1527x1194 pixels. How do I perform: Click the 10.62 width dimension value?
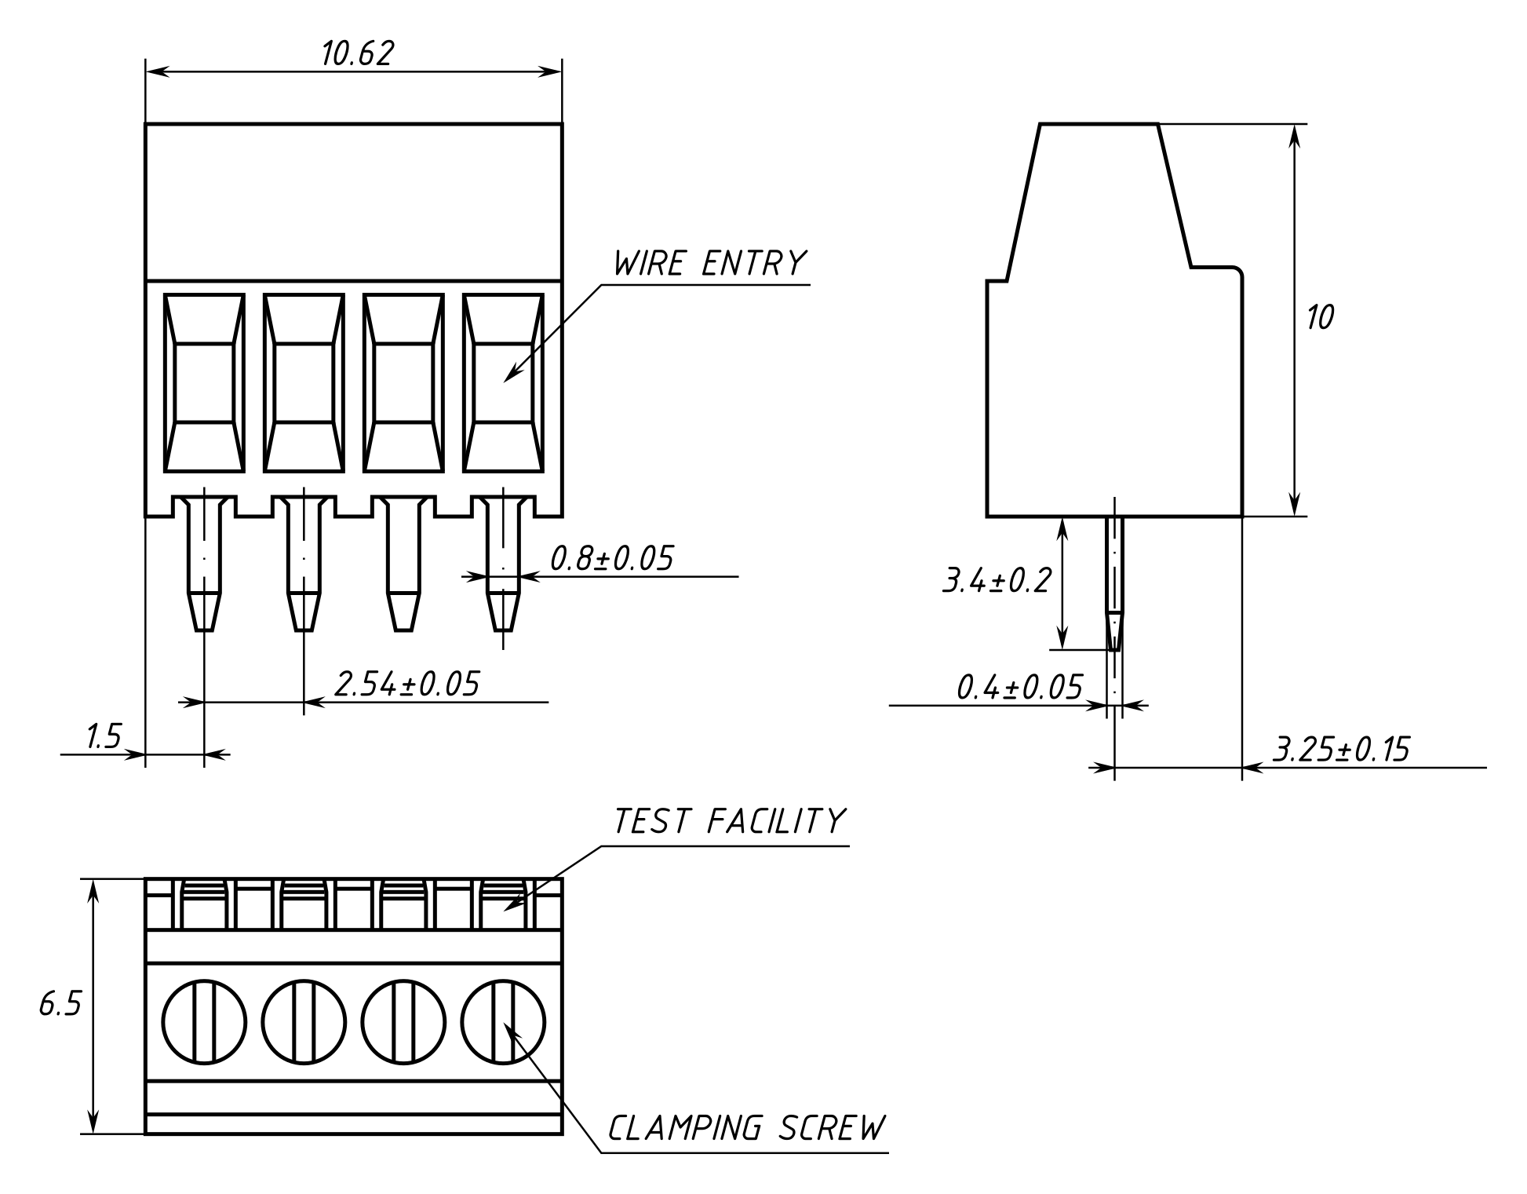pos(356,53)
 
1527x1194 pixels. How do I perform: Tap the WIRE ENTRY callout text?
pos(709,264)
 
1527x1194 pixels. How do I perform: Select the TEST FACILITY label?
pos(729,821)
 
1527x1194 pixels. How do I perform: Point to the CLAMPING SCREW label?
pos(746,1128)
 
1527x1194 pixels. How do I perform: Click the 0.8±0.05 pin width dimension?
pos(611,558)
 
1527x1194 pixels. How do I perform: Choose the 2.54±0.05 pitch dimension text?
pos(406,684)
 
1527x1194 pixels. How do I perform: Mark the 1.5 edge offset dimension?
pos(104,737)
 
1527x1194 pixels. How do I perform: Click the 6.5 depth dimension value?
pos(60,1004)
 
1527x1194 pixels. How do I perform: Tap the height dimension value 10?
pos(1320,318)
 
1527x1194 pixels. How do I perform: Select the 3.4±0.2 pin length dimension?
pos(995,581)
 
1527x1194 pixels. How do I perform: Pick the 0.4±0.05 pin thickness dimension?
pos(1019,688)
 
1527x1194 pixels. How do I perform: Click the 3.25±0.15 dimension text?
pos(1340,750)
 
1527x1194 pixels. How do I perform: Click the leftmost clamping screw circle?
pos(204,1022)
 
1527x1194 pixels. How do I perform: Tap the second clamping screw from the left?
pos(304,1022)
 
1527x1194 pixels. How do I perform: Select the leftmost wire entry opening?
pos(204,383)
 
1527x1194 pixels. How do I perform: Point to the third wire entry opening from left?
pos(403,383)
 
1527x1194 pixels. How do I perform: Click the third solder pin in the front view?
pos(403,565)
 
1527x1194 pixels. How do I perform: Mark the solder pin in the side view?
pos(1114,581)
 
